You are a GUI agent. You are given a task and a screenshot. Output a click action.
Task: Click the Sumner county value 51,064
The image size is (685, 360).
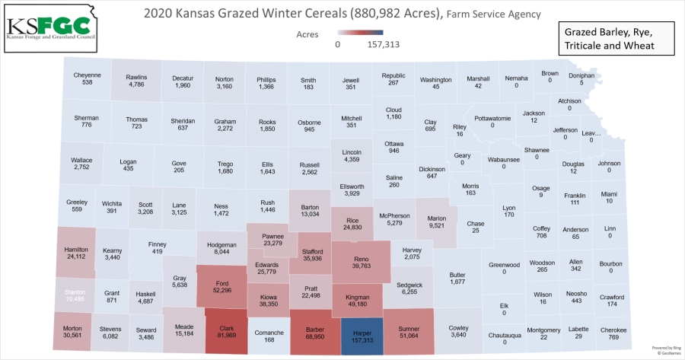point(409,336)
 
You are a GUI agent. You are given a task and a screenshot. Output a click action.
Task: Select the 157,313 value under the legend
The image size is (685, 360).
point(384,44)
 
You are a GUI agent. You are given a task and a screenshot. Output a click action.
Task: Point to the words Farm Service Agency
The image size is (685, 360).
point(493,14)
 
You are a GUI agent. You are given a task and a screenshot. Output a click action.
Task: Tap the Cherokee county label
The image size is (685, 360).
point(613,330)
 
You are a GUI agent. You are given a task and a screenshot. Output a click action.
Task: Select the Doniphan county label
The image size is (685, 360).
point(581,77)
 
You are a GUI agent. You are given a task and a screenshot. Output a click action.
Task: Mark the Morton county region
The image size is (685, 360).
point(73,332)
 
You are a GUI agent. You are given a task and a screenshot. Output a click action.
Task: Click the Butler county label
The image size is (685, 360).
point(457,275)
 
